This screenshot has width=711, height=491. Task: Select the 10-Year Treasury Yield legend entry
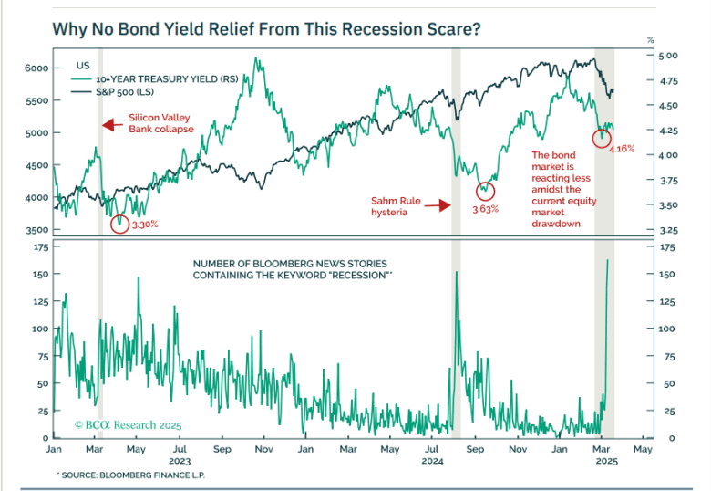pyautogui.click(x=169, y=80)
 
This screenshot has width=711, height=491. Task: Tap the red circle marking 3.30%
pyautogui.click(x=118, y=222)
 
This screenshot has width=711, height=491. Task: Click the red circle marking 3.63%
pyautogui.click(x=485, y=191)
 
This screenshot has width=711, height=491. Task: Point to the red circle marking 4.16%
pyautogui.click(x=602, y=139)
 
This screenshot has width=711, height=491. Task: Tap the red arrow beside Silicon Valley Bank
pyautogui.click(x=111, y=124)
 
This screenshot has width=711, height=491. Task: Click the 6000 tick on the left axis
pyautogui.click(x=36, y=68)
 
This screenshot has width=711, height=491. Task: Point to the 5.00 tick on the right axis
pyautogui.click(x=668, y=56)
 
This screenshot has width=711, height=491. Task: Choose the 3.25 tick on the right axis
pyautogui.click(x=668, y=230)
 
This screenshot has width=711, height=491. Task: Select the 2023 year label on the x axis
pyautogui.click(x=180, y=461)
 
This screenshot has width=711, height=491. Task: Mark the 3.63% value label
pyautogui.click(x=486, y=209)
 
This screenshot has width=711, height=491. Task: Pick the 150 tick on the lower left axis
pyautogui.click(x=38, y=274)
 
